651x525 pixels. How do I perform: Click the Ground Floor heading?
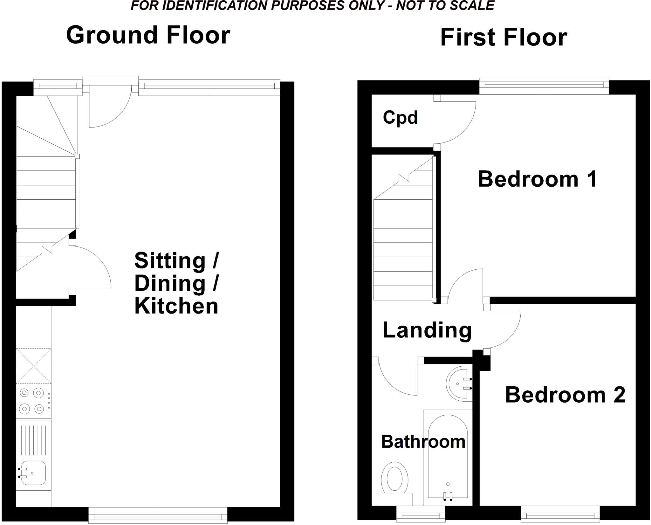[148, 35]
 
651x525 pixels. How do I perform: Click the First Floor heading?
[504, 38]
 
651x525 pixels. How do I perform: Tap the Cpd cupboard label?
[400, 118]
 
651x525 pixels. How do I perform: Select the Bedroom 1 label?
[538, 179]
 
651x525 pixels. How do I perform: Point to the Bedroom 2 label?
[565, 395]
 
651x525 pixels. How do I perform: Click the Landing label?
[427, 330]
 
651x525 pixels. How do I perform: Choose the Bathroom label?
[423, 442]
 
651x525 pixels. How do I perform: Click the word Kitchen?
[176, 306]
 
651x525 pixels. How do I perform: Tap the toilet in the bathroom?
[394, 480]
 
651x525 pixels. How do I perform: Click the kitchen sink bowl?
[33, 473]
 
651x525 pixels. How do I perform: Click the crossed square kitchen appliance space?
[33, 366]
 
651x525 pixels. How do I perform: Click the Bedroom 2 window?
[560, 518]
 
